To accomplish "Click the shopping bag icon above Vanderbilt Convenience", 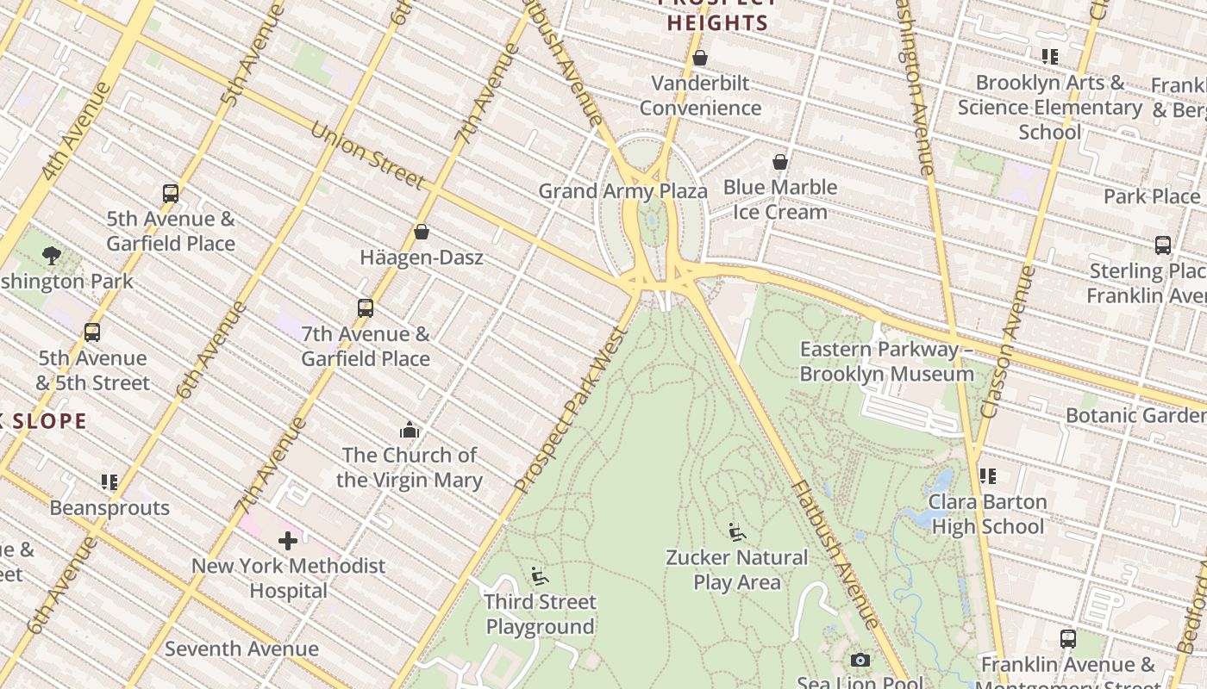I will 700,58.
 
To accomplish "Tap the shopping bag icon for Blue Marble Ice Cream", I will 780,162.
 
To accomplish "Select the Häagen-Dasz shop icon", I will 422,232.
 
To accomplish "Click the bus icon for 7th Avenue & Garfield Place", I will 366,307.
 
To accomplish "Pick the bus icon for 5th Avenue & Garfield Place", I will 171,193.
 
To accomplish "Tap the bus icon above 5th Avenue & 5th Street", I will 92,332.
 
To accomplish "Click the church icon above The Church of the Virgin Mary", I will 410,430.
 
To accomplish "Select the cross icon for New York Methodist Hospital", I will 288,541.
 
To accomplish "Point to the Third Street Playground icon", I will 540,576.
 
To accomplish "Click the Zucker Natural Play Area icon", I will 737,532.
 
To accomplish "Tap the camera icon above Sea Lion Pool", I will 860,660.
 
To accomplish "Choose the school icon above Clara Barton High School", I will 988,476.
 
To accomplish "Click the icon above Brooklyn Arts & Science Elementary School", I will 1049,57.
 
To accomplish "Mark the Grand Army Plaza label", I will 622,191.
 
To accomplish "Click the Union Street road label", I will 367,156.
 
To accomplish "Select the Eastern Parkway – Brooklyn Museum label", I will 887,362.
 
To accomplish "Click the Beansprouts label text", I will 109,507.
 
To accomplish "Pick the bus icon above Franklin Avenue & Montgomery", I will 1068,639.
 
